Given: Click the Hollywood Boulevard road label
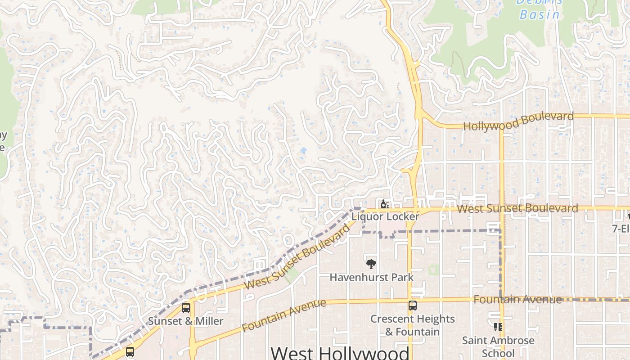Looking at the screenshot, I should click(x=518, y=121).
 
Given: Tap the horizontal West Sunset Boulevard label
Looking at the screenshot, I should click(x=517, y=208).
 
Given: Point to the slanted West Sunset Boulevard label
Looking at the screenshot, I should click(x=297, y=256).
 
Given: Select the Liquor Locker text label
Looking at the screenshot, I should click(x=385, y=216).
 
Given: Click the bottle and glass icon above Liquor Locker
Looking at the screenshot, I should click(x=385, y=205).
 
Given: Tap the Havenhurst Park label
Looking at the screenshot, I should click(x=371, y=277).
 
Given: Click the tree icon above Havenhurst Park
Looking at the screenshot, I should click(x=371, y=264).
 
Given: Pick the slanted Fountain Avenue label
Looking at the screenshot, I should click(x=283, y=315).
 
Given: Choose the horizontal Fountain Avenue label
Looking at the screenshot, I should click(x=517, y=299).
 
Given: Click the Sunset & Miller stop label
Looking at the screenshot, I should click(x=185, y=321).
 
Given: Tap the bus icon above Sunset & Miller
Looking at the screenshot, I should click(x=185, y=308).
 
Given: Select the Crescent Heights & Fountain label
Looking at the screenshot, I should click(x=413, y=325).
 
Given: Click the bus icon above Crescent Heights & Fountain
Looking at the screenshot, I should click(x=412, y=306).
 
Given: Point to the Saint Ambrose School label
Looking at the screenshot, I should click(x=498, y=346).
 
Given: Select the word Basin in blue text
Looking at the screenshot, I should click(x=540, y=14).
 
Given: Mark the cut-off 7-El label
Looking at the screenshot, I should click(x=621, y=229).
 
